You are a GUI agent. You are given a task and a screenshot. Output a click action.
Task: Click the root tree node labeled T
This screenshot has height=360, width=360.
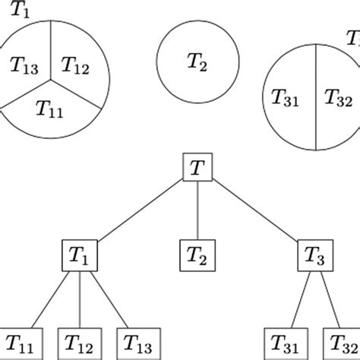197,168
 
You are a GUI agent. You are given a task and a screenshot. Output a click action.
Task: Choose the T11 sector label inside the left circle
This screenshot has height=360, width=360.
50,108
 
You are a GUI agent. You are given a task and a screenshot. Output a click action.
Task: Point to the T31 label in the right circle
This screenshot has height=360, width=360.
286,96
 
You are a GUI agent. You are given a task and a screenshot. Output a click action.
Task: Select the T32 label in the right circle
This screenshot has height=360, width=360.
338,96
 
